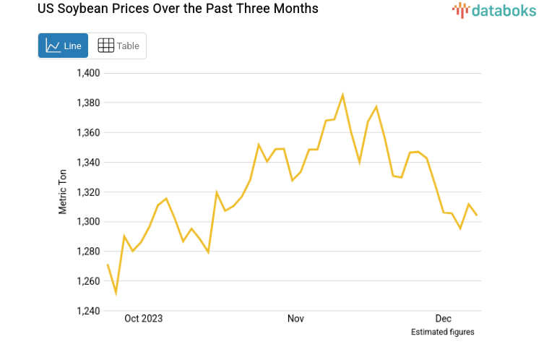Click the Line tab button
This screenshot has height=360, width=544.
click(63, 46)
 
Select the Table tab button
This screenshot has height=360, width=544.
click(118, 46)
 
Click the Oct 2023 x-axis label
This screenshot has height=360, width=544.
click(143, 319)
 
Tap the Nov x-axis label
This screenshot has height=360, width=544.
click(295, 319)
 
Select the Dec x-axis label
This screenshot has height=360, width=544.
click(443, 319)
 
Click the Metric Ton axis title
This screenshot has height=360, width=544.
click(63, 192)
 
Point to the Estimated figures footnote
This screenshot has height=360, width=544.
click(442, 333)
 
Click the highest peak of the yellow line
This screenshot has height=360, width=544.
click(342, 95)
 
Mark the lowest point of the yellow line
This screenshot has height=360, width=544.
click(116, 293)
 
